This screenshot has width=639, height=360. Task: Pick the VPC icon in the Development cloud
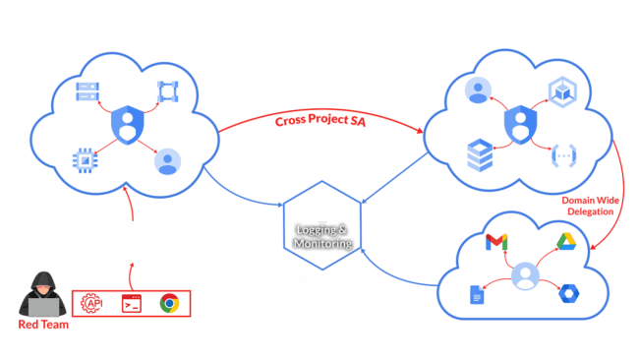click(x=166, y=91)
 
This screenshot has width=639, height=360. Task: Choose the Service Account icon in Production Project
click(x=478, y=91)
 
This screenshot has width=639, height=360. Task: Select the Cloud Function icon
click(x=562, y=155)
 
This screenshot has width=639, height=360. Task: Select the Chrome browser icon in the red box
click(x=168, y=304)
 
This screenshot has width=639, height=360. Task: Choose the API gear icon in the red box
click(x=93, y=304)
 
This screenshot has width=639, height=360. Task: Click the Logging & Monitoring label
click(x=322, y=236)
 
